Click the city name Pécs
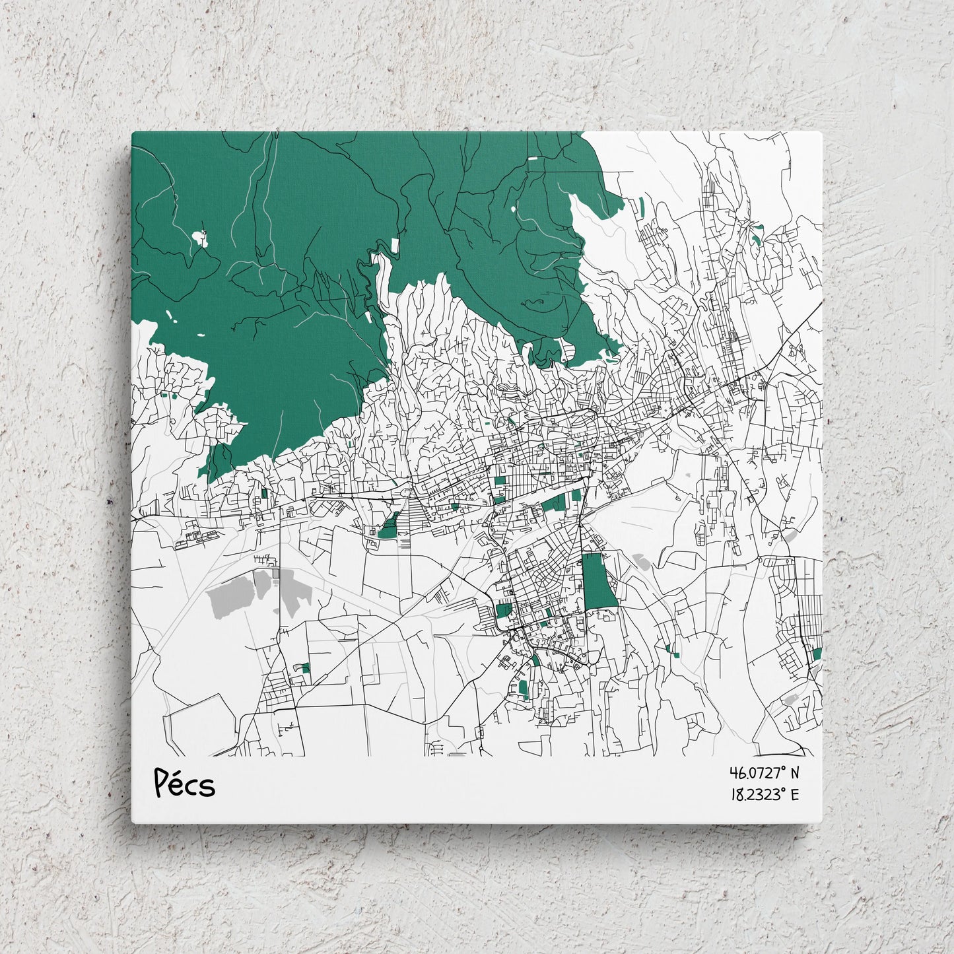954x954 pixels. click(x=184, y=784)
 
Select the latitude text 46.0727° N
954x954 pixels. click(x=764, y=772)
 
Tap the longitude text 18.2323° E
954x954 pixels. click(x=764, y=794)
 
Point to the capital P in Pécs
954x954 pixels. click(x=162, y=783)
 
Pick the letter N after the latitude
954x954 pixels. click(x=794, y=772)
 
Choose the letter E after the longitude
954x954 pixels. click(x=794, y=794)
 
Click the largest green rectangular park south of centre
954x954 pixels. click(x=598, y=580)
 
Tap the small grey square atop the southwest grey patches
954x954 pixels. click(x=275, y=574)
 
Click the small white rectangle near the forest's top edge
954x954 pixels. click(x=533, y=158)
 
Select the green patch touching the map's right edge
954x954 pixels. click(x=817, y=654)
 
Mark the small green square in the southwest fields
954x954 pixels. click(x=304, y=668)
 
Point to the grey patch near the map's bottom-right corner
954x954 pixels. click(x=790, y=699)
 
